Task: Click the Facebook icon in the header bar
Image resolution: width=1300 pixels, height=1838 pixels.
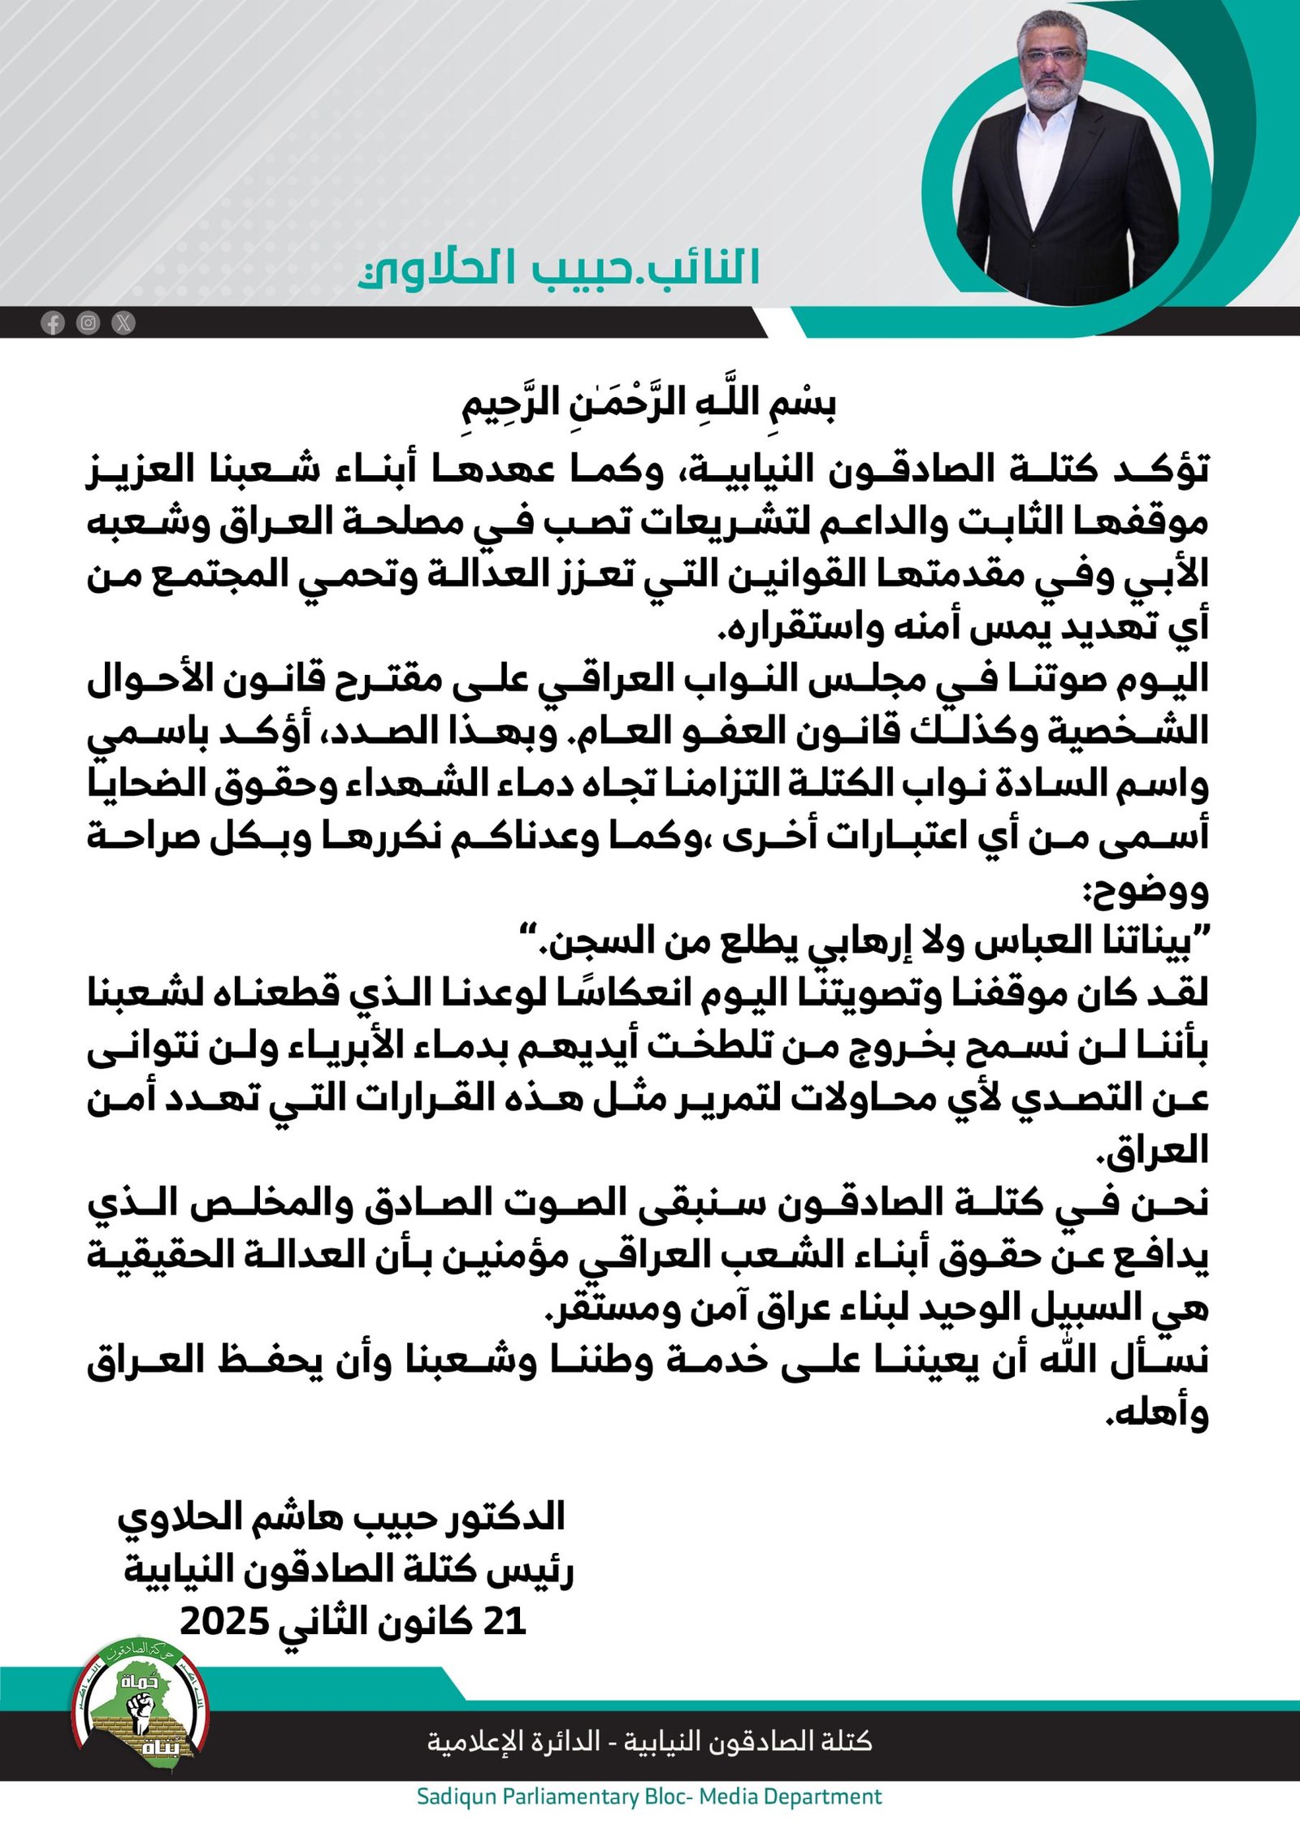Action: (x=53, y=323)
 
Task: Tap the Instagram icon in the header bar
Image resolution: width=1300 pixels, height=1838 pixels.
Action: (x=88, y=323)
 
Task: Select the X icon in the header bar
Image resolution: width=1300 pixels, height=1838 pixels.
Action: (x=123, y=323)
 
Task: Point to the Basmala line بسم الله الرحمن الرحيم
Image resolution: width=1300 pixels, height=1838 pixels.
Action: (x=649, y=402)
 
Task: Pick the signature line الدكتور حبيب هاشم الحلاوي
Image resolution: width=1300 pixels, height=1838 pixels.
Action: (x=341, y=1517)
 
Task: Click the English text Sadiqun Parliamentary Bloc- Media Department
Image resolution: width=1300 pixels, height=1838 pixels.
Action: (x=649, y=1796)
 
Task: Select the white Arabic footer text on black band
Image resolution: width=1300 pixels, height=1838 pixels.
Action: (x=649, y=1741)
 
